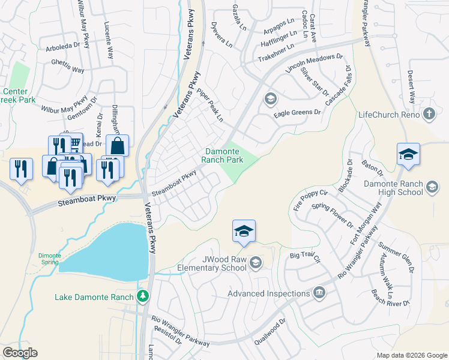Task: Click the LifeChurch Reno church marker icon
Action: [x=429, y=113]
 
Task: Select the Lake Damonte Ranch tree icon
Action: [x=142, y=296]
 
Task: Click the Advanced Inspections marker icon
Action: [x=319, y=293]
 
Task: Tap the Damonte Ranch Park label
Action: [x=223, y=156]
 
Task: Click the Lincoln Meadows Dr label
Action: [x=313, y=62]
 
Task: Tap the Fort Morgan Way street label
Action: [x=366, y=223]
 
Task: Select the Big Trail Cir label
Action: [x=306, y=257]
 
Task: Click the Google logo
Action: [x=20, y=353]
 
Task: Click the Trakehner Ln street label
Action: [x=276, y=53]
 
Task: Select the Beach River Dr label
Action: [x=390, y=298]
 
